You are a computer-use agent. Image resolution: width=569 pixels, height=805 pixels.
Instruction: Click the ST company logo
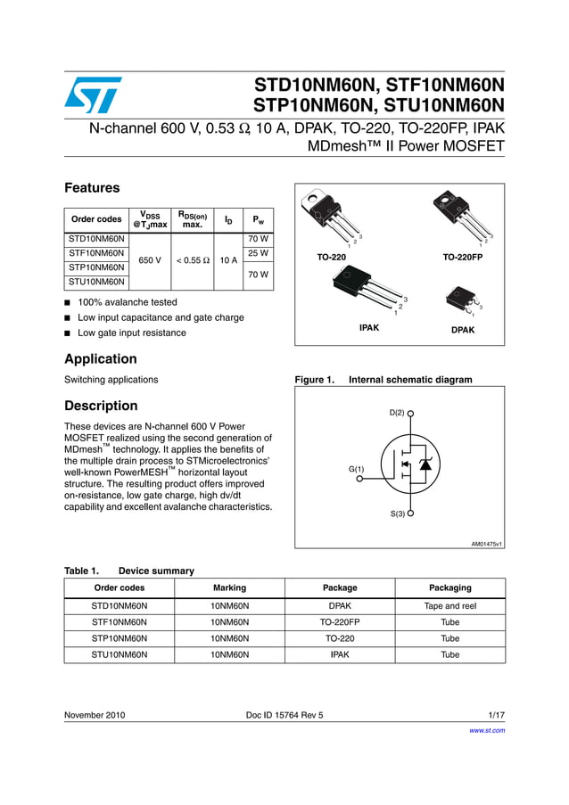93,94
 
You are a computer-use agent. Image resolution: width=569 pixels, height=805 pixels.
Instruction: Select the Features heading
92,188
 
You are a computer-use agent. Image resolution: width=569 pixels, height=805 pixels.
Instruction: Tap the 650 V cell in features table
150,260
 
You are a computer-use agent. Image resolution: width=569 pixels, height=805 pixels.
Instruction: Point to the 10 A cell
227,260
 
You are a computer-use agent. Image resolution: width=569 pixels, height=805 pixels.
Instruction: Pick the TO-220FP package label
462,257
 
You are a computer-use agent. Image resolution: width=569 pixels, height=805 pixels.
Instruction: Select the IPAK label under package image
369,328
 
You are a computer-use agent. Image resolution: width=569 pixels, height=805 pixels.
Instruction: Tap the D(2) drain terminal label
397,413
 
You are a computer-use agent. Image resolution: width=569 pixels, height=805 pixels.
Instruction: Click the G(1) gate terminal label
356,468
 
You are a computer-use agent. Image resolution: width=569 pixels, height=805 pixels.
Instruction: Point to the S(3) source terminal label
397,513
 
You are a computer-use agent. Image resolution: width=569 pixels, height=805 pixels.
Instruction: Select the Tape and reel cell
449,605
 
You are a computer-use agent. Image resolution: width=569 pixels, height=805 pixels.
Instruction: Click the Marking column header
229,587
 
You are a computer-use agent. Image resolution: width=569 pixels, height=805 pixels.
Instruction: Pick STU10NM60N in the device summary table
119,654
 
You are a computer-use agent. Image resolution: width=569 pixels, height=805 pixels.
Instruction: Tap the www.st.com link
487,730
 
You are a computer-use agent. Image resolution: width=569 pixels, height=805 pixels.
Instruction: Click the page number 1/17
497,715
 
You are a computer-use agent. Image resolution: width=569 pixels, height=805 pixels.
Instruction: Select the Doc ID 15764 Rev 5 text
284,715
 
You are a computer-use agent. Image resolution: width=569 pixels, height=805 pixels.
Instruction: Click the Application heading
101,359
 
